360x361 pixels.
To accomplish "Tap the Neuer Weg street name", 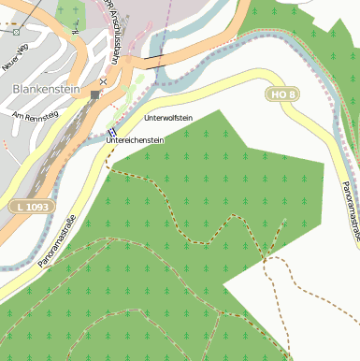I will tap(14, 64).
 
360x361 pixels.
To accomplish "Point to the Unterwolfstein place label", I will tap(168, 119).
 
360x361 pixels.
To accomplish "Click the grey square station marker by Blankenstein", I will tap(94, 94).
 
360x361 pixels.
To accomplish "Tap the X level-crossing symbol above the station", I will tap(103, 81).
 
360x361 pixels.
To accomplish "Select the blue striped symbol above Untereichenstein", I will tap(112, 132).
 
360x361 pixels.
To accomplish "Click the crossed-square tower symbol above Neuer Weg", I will tap(17, 33).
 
